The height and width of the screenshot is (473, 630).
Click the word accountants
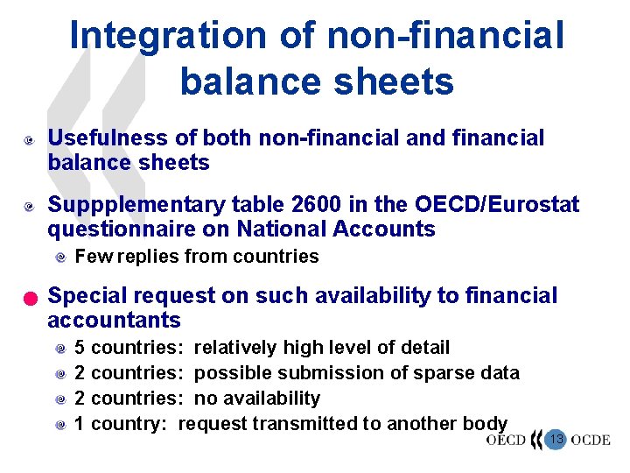coord(114,321)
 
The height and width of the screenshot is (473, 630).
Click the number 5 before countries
coord(80,348)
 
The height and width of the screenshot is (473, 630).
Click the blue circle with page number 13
coord(555,439)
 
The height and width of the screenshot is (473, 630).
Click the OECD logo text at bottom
coord(506,440)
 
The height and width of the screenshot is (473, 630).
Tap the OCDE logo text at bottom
coord(590,440)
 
